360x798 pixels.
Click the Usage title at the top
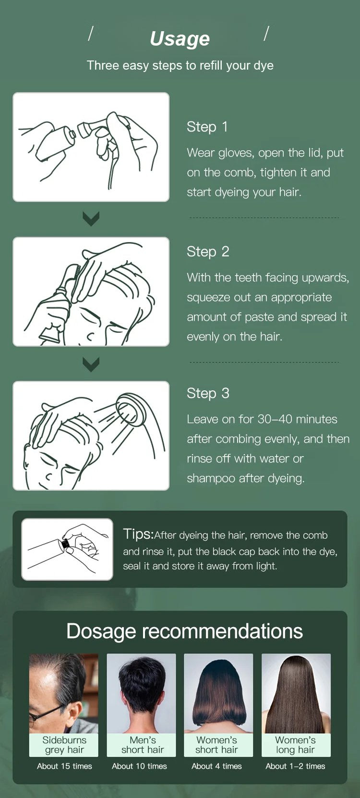pos(180,39)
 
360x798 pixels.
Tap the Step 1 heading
pos(207,127)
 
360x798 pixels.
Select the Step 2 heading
pos(208,252)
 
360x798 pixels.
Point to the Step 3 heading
pos(208,393)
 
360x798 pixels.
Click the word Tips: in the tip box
pos(139,534)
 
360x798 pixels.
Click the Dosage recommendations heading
pos(184,631)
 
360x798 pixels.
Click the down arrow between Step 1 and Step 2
pos(91,218)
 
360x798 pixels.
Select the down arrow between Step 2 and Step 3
pos(91,364)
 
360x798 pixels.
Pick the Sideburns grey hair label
pos(64,745)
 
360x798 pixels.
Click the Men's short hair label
pos(143,745)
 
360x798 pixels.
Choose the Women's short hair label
pos(216,745)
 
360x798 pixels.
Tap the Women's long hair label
pos(295,745)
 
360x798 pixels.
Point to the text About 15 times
pos(64,766)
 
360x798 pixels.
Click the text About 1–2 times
pos(295,766)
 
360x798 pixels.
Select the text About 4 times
pos(216,766)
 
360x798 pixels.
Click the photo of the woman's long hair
pos(296,693)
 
